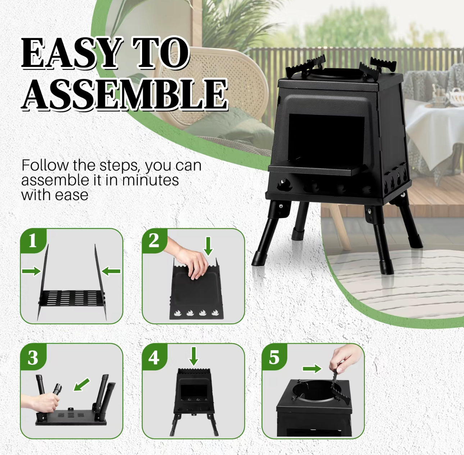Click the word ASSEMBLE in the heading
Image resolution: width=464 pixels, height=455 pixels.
click(124, 94)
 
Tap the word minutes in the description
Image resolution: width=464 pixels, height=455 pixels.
click(150, 180)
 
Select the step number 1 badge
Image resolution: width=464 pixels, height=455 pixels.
click(33, 240)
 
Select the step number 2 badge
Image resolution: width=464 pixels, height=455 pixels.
click(154, 240)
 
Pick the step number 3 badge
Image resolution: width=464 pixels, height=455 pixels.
click(33, 357)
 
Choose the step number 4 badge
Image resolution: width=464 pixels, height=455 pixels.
click(154, 357)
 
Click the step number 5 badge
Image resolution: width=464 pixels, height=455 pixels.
click(274, 357)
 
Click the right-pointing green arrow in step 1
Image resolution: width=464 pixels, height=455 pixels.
click(31, 271)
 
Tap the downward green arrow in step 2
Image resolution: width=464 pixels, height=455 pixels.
click(208, 246)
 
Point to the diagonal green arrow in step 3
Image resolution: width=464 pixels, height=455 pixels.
click(82, 384)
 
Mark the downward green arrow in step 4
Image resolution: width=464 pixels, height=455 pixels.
click(194, 356)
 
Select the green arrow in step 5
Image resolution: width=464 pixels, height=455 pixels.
click(312, 369)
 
